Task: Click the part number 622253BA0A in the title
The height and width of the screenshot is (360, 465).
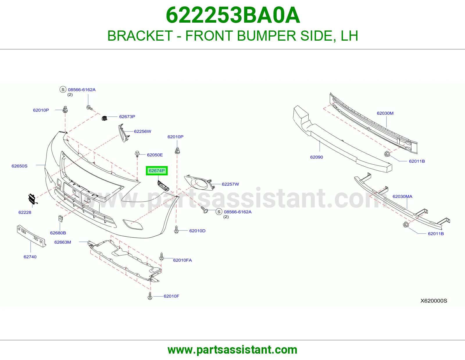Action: tap(233, 15)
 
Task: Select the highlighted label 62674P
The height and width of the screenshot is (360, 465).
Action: tap(157, 171)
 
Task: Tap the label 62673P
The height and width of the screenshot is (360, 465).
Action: tap(127, 116)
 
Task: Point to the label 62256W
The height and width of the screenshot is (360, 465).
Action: tap(142, 131)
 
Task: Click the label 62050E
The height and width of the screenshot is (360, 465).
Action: tap(155, 155)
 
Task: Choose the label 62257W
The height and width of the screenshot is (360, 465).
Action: tap(230, 184)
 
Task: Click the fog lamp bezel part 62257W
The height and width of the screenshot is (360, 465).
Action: tap(199, 183)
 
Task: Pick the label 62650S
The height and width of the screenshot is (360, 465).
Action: tap(19, 166)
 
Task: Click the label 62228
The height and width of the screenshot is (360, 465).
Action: tap(25, 212)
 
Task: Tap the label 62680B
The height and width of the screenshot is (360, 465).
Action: tap(58, 233)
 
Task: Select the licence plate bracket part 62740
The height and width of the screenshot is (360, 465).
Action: tap(31, 236)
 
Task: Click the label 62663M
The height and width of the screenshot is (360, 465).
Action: tap(63, 242)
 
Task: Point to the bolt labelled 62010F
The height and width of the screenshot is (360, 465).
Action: tap(150, 296)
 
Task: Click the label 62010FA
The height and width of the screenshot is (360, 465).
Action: tap(183, 260)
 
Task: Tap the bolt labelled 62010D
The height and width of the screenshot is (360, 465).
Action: tap(176, 230)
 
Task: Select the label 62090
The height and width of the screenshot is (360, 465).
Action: tap(316, 157)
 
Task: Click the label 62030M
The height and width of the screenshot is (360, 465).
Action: tap(385, 113)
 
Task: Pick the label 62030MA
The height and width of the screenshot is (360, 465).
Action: tap(402, 196)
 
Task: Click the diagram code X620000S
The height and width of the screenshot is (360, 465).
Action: tap(434, 301)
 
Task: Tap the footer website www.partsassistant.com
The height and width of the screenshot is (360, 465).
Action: tap(233, 350)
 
